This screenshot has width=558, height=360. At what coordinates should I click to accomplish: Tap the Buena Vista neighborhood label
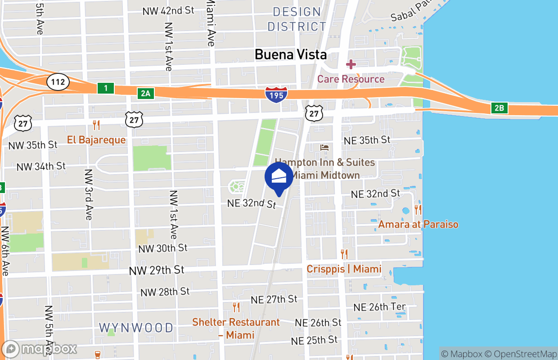tap(290, 55)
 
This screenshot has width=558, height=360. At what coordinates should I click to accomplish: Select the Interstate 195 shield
tap(275, 95)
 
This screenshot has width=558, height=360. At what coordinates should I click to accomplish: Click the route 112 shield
tap(58, 82)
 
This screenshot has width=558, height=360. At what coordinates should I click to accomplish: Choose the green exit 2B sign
tap(499, 108)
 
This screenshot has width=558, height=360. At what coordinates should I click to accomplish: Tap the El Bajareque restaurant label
tap(96, 140)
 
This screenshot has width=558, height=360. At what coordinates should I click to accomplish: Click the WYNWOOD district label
tap(136, 328)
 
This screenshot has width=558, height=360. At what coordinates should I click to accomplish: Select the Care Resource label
tap(351, 79)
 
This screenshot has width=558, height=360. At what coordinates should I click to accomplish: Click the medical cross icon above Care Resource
tap(351, 64)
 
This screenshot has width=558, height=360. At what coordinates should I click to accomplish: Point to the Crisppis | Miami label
tap(344, 269)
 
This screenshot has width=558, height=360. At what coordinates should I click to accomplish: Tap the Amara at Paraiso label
tap(418, 224)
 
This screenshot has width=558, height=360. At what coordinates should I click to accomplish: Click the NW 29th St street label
tap(157, 270)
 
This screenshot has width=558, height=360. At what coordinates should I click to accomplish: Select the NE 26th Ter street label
tap(379, 307)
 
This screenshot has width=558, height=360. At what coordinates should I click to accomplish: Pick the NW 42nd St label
tap(168, 11)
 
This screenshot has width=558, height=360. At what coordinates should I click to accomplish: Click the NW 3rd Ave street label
tap(88, 194)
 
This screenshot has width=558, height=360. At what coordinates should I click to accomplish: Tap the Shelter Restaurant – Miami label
tap(236, 328)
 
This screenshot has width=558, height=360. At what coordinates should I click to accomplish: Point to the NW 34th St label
tap(41, 166)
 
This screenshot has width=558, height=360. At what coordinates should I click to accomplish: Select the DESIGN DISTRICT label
tap(297, 19)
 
